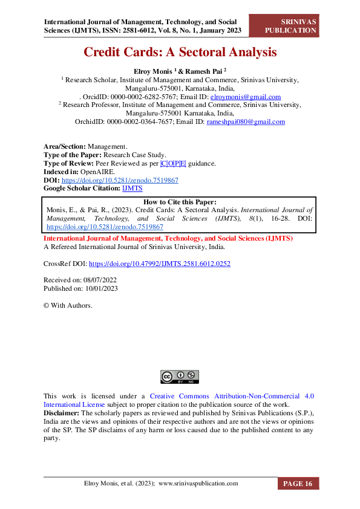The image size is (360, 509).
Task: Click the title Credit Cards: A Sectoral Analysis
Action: (x=180, y=53)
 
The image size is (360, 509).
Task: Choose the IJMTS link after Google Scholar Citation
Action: (x=132, y=189)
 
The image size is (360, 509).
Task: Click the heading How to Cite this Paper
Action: (x=180, y=202)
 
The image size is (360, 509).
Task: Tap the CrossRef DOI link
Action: (x=160, y=264)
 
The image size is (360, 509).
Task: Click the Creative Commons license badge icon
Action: (x=180, y=376)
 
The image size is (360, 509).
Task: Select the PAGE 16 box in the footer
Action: (x=298, y=484)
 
